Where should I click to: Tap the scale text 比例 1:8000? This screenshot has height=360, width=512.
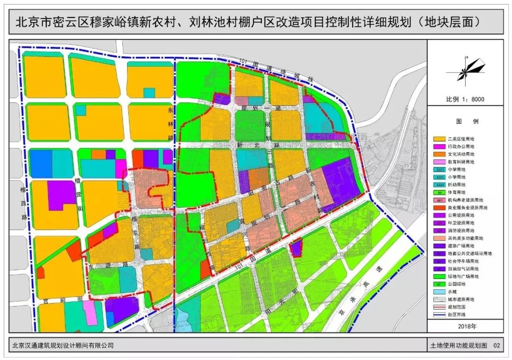(465, 100)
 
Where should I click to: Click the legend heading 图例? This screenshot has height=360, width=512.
(465, 121)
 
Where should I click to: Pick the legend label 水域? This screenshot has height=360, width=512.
(453, 291)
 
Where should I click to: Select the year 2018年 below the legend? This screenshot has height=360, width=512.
(465, 326)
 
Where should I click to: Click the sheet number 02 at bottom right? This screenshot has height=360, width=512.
(496, 346)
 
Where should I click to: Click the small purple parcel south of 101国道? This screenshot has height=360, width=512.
(297, 248)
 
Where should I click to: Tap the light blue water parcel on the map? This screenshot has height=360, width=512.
(183, 320)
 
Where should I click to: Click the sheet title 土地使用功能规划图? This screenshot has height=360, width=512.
(457, 346)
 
